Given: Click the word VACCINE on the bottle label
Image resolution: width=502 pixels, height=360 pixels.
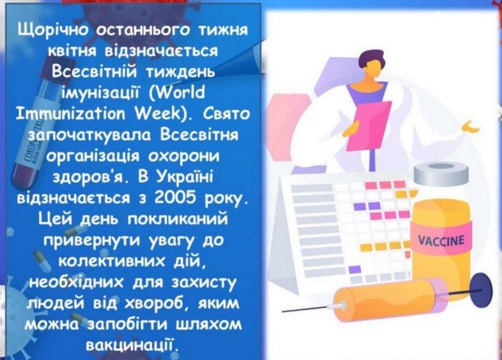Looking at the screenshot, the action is coord(441,240).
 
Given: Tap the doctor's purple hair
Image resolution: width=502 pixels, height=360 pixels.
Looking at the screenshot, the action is coord(372,58).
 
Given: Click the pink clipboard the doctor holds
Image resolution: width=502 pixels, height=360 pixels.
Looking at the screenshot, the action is coord(369,127).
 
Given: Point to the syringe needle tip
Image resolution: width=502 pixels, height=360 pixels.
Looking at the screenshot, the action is coord(282,311).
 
